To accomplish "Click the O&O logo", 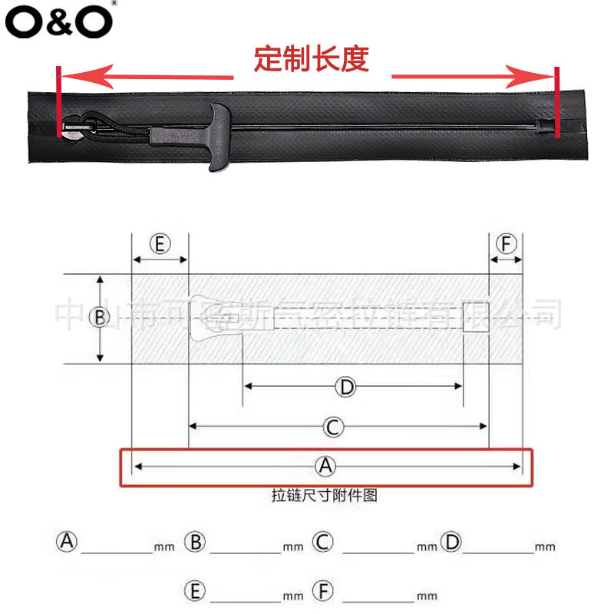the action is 58,22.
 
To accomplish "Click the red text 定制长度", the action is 312,59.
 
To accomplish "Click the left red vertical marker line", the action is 58,102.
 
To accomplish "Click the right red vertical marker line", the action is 556,102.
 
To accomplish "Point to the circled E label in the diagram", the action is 160,244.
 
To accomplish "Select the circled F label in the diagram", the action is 506,244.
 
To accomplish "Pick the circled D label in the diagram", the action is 346,387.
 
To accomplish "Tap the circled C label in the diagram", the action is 332,426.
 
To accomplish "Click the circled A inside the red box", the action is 326,465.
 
